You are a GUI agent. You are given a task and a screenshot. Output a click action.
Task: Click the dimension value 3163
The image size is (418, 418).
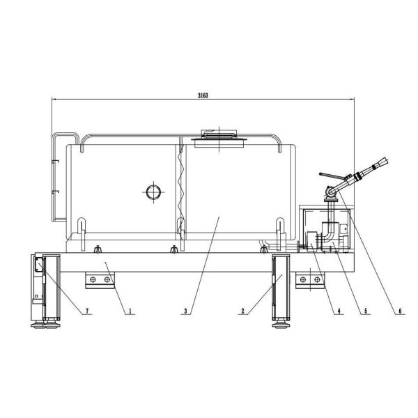click(x=203, y=95)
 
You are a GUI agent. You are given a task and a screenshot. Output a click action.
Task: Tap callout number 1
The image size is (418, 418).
click(x=130, y=311)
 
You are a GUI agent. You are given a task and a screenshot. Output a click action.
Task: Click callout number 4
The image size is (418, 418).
click(x=339, y=311)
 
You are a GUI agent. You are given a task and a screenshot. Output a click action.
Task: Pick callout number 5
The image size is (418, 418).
click(x=366, y=311)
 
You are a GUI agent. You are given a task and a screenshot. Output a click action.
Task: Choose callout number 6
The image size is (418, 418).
click(x=400, y=311)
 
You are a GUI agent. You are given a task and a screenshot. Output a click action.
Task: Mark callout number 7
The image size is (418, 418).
click(x=87, y=311)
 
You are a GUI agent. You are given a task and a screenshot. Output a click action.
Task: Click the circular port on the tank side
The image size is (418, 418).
click(x=153, y=192)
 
